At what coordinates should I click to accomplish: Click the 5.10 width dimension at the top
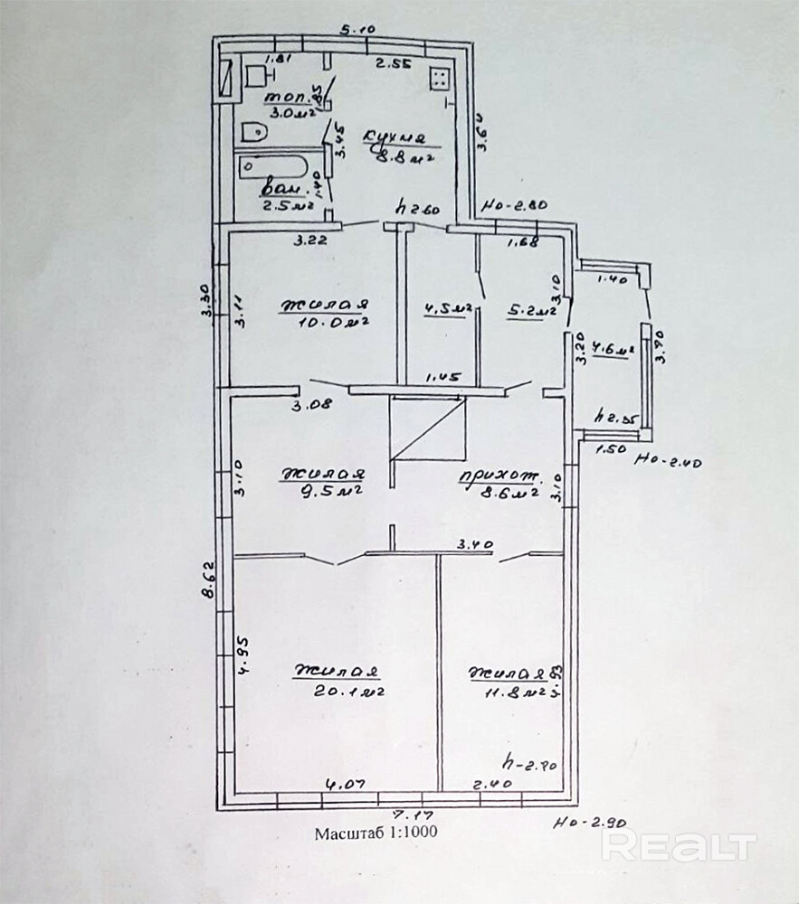pos(357,29)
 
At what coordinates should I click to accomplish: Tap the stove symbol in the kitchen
pos(440,80)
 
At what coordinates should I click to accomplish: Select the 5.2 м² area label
pos(532,312)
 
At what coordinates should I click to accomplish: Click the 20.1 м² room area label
pos(338,692)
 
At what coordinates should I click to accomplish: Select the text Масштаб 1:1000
pos(376,833)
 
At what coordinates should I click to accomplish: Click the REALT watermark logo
pos(679,846)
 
